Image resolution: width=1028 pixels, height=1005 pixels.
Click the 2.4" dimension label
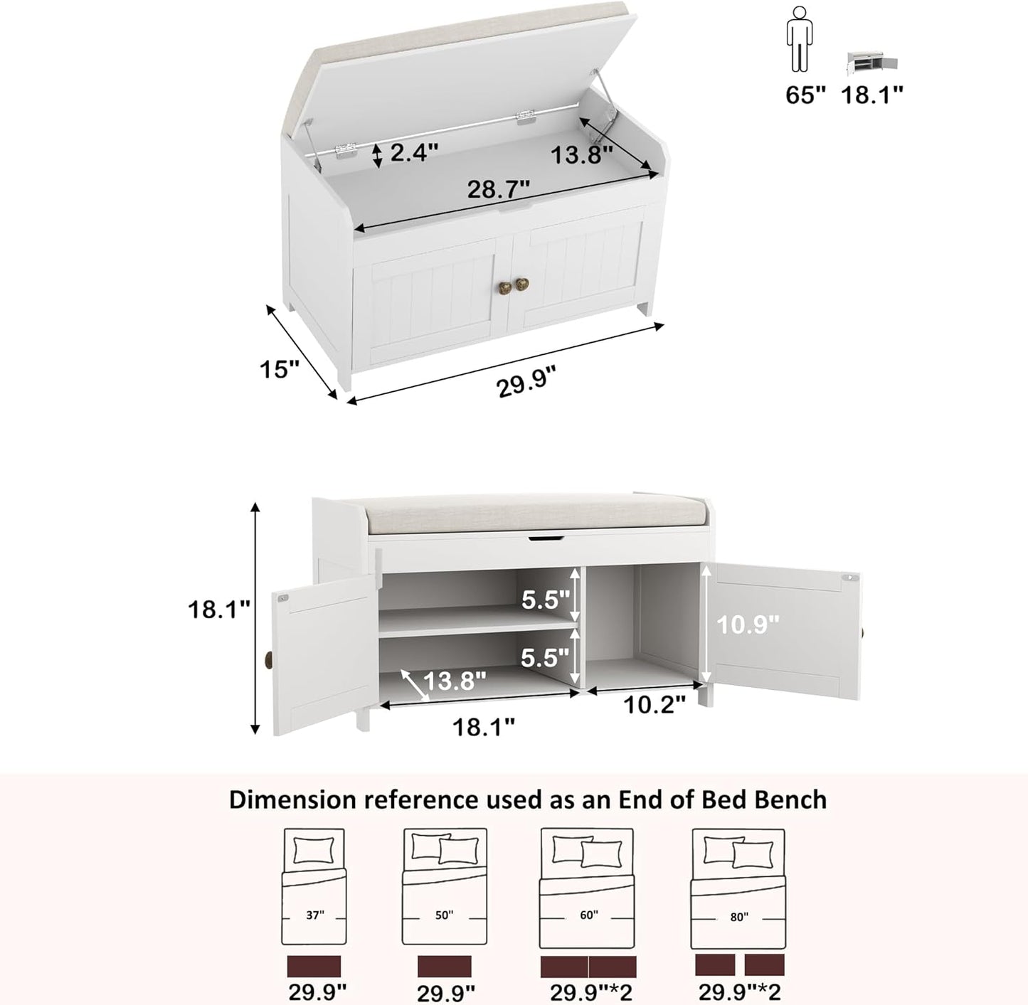413,153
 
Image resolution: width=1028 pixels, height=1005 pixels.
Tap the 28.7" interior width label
499,190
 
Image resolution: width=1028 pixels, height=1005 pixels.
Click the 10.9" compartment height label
748,624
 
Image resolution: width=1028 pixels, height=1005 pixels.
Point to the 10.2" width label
655,704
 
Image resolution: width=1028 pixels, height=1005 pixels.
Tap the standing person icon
799,39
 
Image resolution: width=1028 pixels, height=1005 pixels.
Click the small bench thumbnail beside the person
871,63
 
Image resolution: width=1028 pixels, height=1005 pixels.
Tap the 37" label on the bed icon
314,915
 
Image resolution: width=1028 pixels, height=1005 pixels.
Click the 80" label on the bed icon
738,918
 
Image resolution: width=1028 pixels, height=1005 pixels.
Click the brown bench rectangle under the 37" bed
314,966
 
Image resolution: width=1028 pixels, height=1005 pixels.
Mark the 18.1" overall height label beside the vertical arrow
219,610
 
